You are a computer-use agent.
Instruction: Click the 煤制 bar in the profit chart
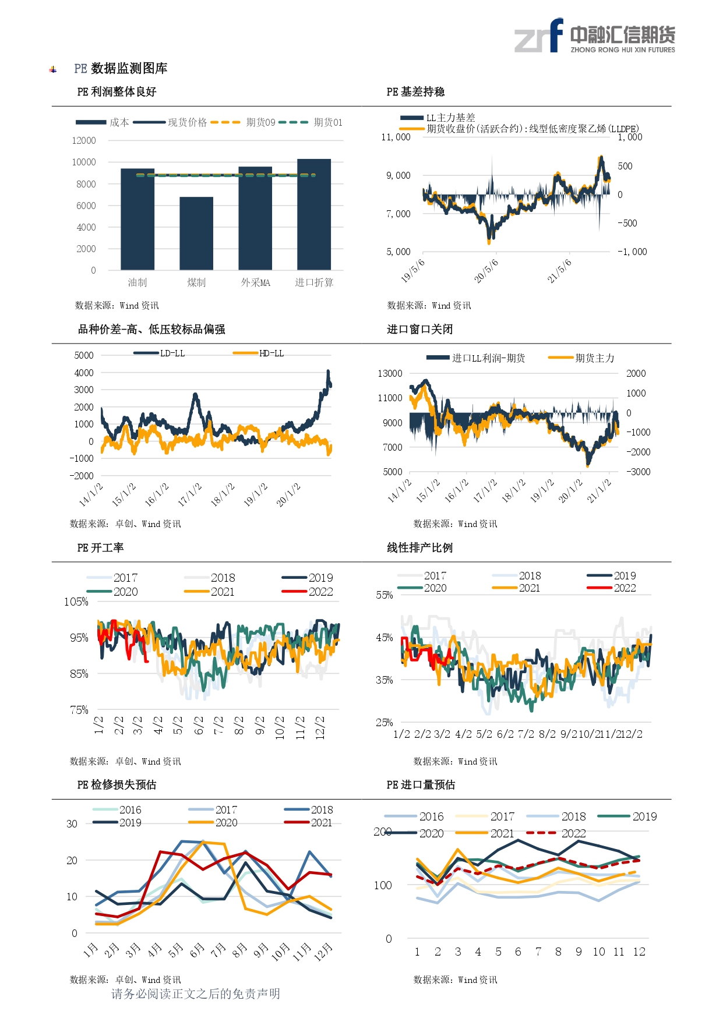click(x=196, y=234)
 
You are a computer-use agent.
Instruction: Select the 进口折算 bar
click(x=314, y=214)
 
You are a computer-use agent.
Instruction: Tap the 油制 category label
click(x=137, y=282)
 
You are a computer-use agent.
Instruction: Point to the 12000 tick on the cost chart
click(x=84, y=140)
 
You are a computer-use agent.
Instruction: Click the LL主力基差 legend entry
click(x=438, y=118)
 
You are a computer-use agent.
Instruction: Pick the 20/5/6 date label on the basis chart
click(x=486, y=271)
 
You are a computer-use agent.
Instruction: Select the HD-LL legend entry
click(x=258, y=353)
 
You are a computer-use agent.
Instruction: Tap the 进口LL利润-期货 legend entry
click(x=476, y=358)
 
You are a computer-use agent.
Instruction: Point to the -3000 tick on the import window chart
click(x=639, y=472)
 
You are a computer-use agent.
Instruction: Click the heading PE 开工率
click(x=100, y=548)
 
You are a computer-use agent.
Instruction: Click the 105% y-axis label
click(x=76, y=602)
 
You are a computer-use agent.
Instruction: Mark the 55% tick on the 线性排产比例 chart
click(x=385, y=595)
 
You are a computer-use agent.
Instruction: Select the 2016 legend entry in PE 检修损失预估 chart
click(x=117, y=810)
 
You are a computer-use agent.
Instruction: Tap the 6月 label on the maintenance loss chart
click(x=197, y=950)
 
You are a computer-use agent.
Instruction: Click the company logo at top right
click(x=595, y=36)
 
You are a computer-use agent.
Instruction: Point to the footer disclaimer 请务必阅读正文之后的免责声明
click(x=196, y=993)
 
